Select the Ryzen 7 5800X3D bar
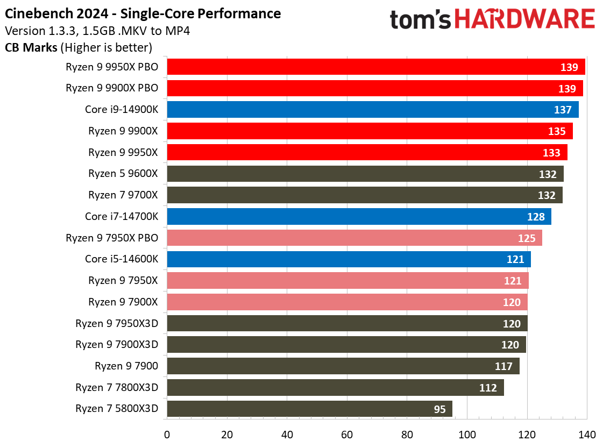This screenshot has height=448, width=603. (x=309, y=409)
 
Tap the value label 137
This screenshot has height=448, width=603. (x=563, y=110)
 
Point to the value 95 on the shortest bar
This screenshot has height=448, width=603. (x=439, y=409)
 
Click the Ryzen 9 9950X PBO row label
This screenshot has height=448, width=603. (x=112, y=67)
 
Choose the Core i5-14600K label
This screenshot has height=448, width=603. (x=122, y=259)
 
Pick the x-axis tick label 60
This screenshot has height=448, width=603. (x=347, y=435)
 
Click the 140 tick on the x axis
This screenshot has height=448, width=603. (x=586, y=435)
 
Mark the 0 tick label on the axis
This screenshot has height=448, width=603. (x=167, y=435)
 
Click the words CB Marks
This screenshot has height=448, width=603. (x=31, y=47)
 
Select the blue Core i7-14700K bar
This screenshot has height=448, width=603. (x=359, y=217)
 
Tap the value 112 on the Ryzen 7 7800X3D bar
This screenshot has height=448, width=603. (x=488, y=388)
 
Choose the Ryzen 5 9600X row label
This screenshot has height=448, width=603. (x=123, y=174)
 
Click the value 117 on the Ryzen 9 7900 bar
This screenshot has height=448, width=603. (x=503, y=366)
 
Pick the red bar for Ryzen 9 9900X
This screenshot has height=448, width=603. (x=370, y=131)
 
